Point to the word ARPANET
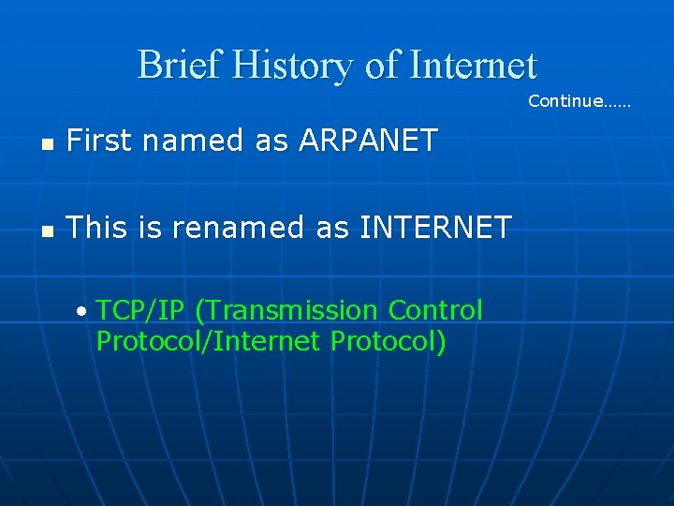pyautogui.click(x=368, y=141)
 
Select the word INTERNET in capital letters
pyautogui.click(x=435, y=227)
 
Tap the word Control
pyautogui.click(x=435, y=310)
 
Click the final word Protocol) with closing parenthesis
pyautogui.click(x=388, y=341)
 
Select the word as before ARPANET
pyautogui.click(x=271, y=141)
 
